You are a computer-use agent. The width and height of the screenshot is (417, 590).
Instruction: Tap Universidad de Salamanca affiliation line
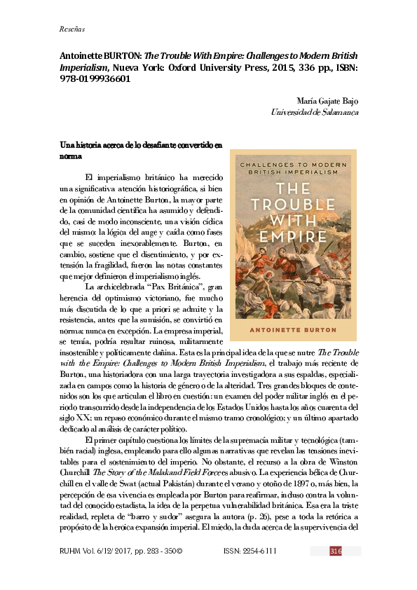[x=315, y=111]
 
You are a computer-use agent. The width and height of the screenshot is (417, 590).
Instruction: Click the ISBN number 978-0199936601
[x=97, y=79]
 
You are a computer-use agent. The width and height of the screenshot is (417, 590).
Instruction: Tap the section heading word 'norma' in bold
[x=71, y=157]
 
